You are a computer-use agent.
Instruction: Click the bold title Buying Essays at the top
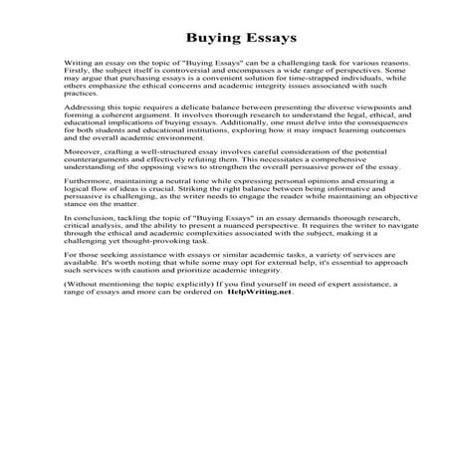225,41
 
